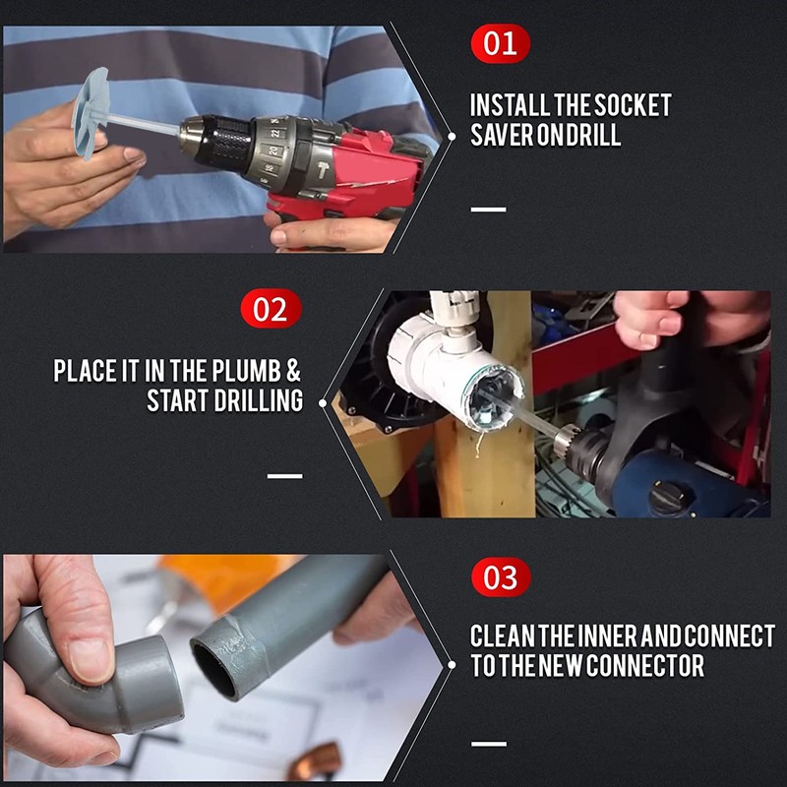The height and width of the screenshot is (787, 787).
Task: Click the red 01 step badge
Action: click(500, 44)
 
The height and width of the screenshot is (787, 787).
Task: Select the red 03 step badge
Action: click(501, 576)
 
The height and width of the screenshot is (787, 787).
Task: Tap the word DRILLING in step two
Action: click(247, 401)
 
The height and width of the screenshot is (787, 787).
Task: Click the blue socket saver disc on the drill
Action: click(93, 112)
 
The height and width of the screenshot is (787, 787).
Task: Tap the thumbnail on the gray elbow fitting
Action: click(91, 659)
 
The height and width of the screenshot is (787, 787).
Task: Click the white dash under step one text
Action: click(488, 210)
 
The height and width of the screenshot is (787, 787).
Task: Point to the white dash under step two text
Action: click(284, 475)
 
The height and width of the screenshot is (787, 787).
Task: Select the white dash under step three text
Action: click(488, 743)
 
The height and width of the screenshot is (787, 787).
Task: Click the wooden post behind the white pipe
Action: click(492, 472)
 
